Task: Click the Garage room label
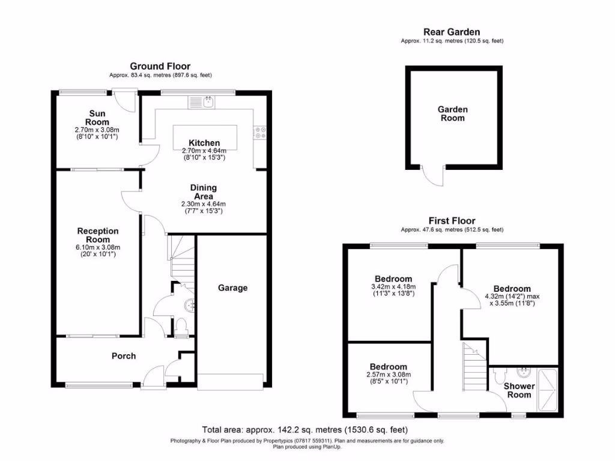tap(232, 288)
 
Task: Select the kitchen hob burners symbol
tap(261, 132)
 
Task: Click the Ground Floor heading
tap(160, 67)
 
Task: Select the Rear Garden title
tap(452, 32)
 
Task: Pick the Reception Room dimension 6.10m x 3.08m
tap(98, 247)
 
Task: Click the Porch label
tap(124, 356)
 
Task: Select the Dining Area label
tap(204, 192)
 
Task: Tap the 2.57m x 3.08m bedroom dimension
tap(388, 375)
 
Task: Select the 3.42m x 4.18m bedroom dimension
tap(393, 287)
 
